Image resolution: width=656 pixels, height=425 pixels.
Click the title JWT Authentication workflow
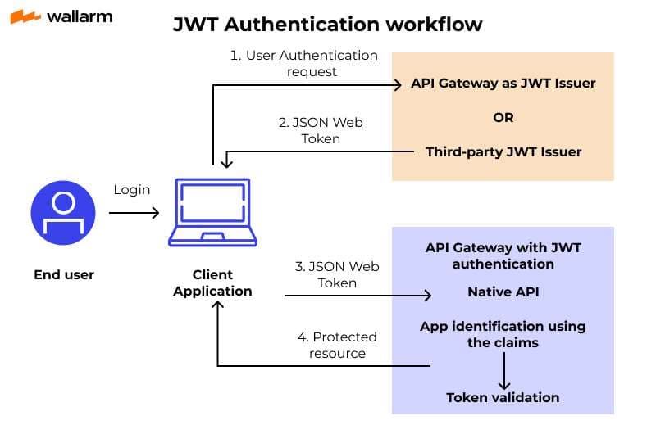(x=327, y=25)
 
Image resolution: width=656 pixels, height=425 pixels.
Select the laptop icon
(x=213, y=211)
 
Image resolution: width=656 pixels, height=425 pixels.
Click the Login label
(x=131, y=190)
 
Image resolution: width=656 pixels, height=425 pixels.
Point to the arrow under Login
(x=134, y=213)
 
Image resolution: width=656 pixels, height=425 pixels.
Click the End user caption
(x=64, y=274)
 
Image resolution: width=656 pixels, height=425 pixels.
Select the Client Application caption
(x=213, y=283)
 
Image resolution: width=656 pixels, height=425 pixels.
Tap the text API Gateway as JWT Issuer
(x=503, y=84)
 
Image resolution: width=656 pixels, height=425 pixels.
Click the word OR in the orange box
(x=503, y=117)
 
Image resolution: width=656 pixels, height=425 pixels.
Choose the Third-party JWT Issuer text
(x=503, y=151)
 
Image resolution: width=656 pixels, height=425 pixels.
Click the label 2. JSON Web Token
(x=321, y=130)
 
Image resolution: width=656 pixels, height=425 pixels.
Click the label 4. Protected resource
(x=337, y=345)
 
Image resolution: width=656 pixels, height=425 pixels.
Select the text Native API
(x=503, y=292)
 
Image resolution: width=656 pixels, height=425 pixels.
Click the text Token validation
(x=503, y=397)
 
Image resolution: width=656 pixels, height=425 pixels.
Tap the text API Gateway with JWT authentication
(x=503, y=255)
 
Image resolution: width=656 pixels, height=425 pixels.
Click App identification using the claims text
(x=503, y=334)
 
